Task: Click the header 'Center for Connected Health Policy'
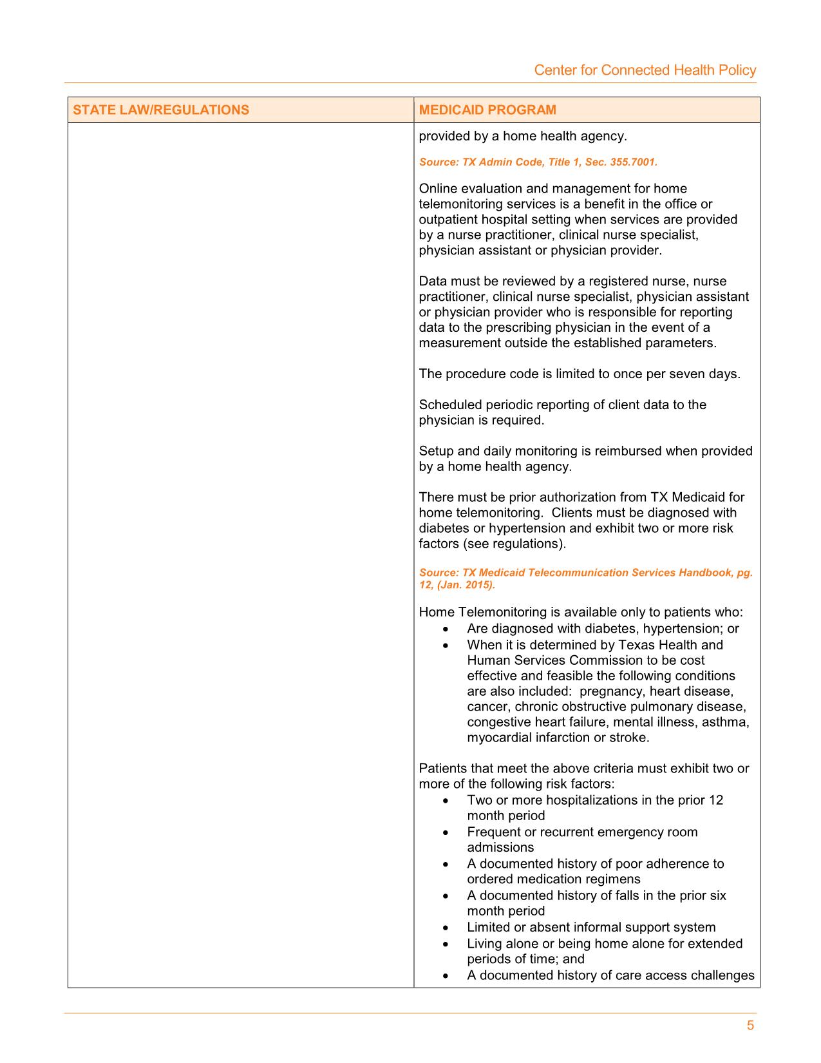coord(645,70)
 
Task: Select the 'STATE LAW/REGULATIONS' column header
coord(161,110)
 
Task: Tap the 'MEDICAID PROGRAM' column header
coord(487,110)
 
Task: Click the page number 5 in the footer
coord(750,1026)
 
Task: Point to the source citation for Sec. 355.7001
coord(538,162)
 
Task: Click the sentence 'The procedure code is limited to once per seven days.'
coord(580,374)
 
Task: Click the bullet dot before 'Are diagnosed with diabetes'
coord(446,629)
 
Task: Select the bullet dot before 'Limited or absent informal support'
coord(446,928)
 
